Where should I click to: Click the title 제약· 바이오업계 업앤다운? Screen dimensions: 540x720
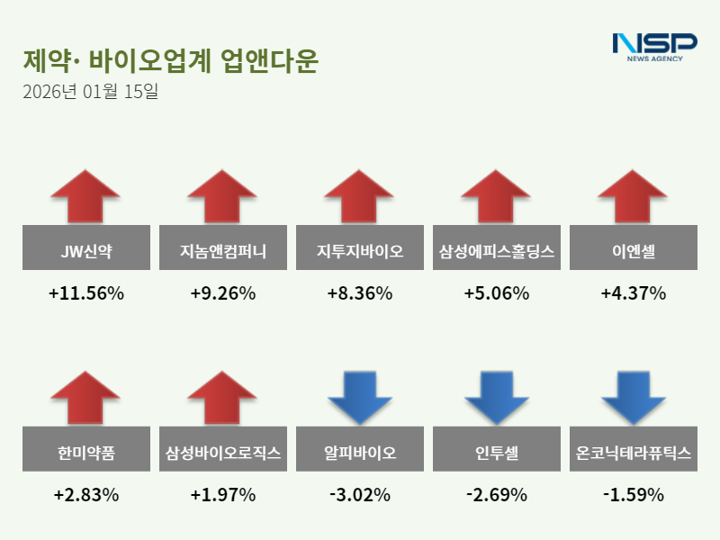click(171, 61)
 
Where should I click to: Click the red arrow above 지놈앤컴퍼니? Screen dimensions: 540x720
click(223, 195)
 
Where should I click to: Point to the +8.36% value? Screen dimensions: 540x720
click(360, 293)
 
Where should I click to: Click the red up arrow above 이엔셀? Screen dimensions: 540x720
click(634, 195)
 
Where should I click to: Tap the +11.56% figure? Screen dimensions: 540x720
click(86, 293)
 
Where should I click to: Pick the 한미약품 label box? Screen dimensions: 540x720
click(86, 453)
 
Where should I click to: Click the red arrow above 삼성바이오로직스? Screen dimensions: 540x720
click(223, 397)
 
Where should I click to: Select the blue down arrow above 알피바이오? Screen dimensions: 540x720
click(360, 397)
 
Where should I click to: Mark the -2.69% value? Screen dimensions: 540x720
click(497, 495)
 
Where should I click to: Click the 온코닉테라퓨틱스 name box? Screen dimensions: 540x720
click(634, 453)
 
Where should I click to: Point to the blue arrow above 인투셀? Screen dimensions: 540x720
click(497, 397)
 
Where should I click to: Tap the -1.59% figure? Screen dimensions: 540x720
click(634, 495)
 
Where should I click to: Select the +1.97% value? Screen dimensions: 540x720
click(223, 495)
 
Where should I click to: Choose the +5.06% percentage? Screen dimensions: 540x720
click(497, 293)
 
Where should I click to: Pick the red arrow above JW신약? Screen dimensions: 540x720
click(86, 195)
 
